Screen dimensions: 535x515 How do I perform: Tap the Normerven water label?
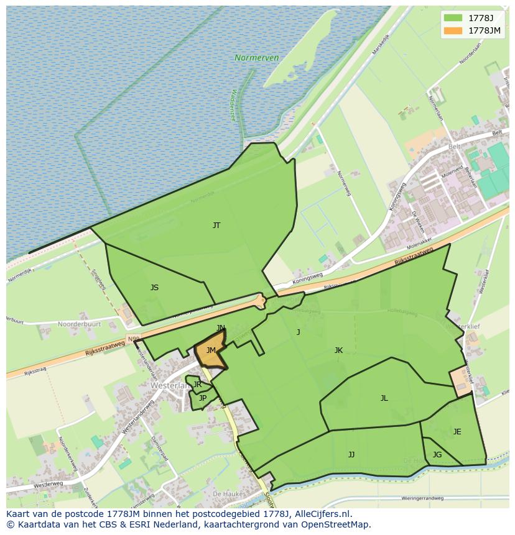(x=256, y=58)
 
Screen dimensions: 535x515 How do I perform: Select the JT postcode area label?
(x=216, y=226)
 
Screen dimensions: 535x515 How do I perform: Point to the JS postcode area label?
(x=154, y=288)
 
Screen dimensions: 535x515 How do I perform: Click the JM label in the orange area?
(x=211, y=351)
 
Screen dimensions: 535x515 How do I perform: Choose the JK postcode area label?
(x=338, y=350)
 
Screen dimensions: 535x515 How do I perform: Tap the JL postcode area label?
(x=384, y=398)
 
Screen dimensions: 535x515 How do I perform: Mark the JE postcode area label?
(x=457, y=432)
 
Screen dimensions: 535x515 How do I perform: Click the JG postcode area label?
(x=437, y=455)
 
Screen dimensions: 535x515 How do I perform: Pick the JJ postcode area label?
(x=351, y=455)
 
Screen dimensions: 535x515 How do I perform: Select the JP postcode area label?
(x=203, y=398)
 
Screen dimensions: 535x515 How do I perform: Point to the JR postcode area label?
(x=197, y=385)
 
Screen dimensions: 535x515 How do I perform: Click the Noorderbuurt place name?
(x=78, y=324)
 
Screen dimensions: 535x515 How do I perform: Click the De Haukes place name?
(x=226, y=493)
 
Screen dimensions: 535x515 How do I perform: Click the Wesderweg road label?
(x=49, y=484)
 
